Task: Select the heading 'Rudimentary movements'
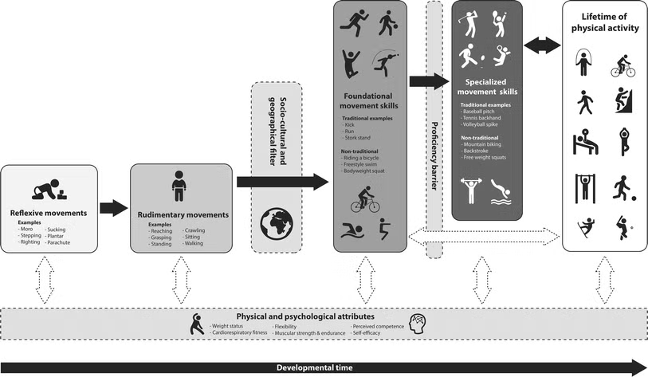coord(183,214)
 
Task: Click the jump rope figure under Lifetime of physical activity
coord(583,62)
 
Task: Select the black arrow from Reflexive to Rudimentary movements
coord(114,208)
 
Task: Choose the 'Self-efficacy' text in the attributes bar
coord(369,332)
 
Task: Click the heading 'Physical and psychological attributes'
coord(306,316)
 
